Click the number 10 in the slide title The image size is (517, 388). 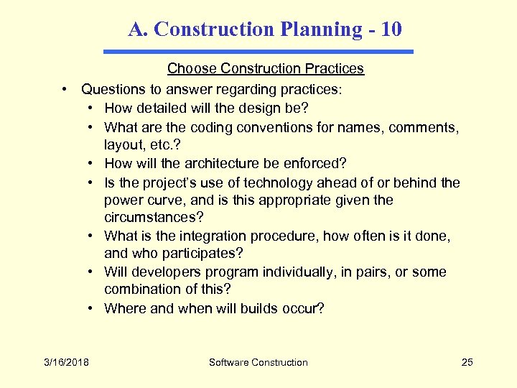coord(392,29)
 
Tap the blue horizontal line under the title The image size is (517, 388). coord(258,52)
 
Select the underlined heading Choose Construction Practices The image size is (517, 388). coord(266,69)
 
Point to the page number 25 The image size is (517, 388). coord(467,362)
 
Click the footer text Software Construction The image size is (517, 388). coord(258,362)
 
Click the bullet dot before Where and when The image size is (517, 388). coord(93,309)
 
